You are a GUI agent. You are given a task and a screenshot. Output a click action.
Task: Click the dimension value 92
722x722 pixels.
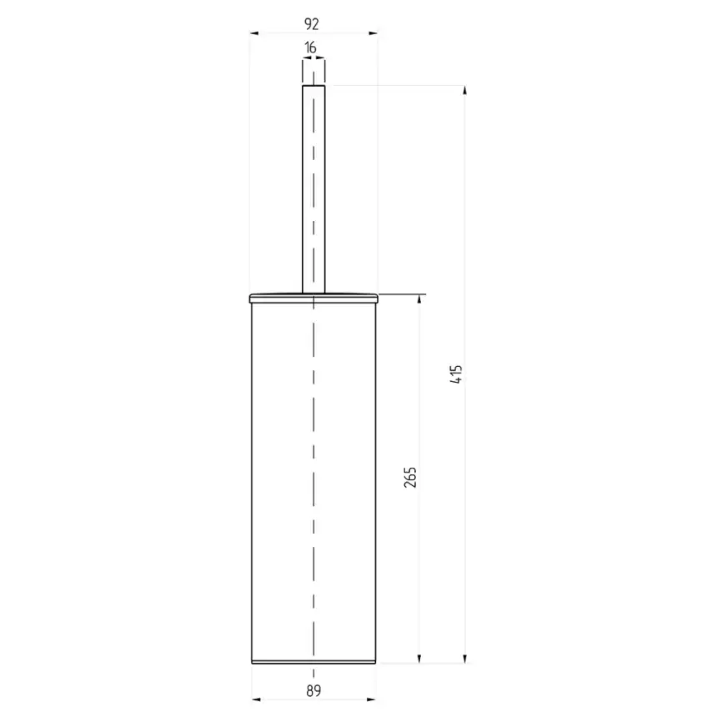click(x=312, y=24)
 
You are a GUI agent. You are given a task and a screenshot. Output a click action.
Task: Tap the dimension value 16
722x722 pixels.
click(x=311, y=48)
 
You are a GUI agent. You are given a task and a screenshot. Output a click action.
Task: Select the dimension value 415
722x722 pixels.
click(x=456, y=374)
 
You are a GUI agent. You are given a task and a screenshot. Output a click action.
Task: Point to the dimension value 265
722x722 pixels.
click(x=410, y=477)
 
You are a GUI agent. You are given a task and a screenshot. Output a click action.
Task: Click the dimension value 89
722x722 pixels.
click(x=313, y=690)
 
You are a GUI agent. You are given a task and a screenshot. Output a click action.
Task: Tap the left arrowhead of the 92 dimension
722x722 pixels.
click(x=253, y=33)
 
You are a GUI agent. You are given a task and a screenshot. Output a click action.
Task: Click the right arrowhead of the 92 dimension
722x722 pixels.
click(x=373, y=33)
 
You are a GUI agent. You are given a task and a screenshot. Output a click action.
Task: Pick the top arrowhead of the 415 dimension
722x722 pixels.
click(x=464, y=90)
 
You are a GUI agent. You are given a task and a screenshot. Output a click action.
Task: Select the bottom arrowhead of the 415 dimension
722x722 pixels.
click(x=464, y=659)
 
